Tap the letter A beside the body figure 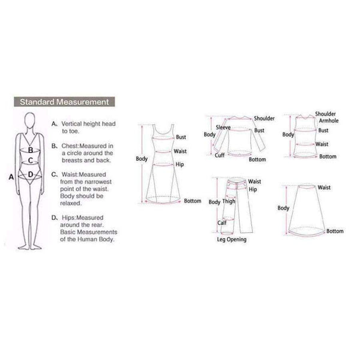[x=11, y=177]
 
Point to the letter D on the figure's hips [x=30, y=175]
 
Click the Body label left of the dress [x=141, y=159]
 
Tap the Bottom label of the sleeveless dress [x=193, y=200]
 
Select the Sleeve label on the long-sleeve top [x=224, y=127]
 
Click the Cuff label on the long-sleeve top [x=220, y=155]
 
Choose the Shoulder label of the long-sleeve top [x=264, y=119]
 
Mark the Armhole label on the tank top [x=326, y=121]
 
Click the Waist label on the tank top [x=322, y=144]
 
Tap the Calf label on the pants [x=221, y=223]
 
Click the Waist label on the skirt [x=325, y=188]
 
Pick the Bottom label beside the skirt [x=335, y=231]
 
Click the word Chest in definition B [x=70, y=146]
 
